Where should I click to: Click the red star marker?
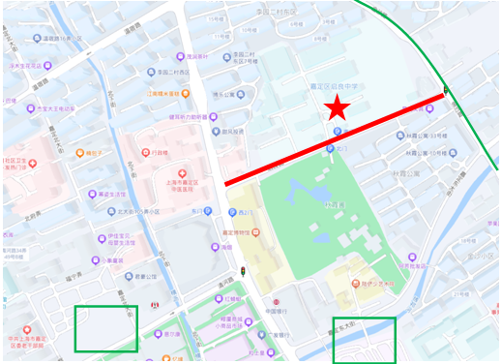(x=336, y=108)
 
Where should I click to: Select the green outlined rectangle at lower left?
(x=106, y=329)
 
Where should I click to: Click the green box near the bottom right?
(x=364, y=340)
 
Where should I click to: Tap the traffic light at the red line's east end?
(x=446, y=92)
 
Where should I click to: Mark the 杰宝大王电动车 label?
(x=60, y=109)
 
